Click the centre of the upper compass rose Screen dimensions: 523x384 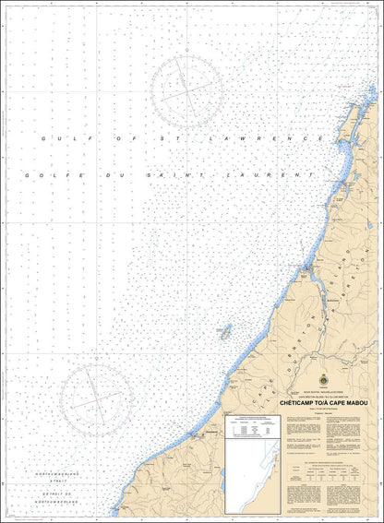(x=188, y=91)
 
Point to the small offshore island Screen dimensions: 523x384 (x=222, y=330)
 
